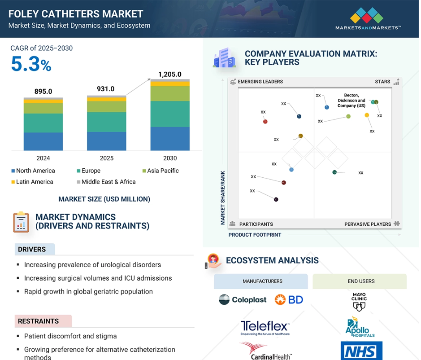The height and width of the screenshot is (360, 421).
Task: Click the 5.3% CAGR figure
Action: (31, 65)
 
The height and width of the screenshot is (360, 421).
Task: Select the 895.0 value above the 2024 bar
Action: (43, 92)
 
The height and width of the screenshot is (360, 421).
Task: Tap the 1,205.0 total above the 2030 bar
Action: (170, 75)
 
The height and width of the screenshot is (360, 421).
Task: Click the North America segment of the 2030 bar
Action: (170, 138)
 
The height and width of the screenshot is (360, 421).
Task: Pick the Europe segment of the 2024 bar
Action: (43, 123)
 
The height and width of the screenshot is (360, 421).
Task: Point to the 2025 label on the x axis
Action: (107, 158)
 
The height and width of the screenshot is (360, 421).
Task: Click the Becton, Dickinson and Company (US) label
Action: (355, 101)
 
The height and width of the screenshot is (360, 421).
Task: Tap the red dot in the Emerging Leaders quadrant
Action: (265, 121)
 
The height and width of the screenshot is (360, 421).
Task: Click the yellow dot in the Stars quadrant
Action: (367, 115)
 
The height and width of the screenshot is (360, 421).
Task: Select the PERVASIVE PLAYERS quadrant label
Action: (368, 224)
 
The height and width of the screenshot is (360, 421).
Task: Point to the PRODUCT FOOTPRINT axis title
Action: (255, 235)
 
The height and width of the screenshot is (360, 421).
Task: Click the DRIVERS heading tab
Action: (32, 249)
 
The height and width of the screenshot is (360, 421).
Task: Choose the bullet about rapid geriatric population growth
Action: (88, 292)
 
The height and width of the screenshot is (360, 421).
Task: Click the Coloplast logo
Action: (243, 300)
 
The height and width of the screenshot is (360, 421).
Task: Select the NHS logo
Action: (361, 351)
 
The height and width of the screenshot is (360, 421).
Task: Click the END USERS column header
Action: (361, 281)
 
